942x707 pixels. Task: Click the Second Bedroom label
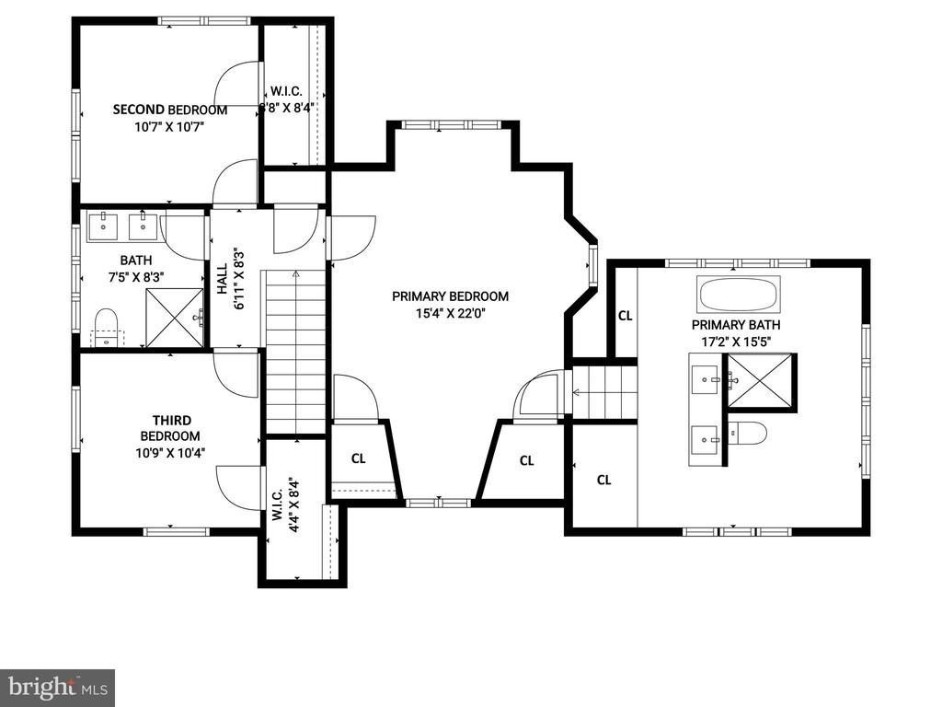coord(170,110)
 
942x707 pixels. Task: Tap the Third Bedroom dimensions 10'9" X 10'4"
coord(170,452)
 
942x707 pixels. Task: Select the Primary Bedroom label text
coord(450,296)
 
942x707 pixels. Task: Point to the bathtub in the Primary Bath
coord(739,294)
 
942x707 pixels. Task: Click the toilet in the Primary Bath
coord(748,433)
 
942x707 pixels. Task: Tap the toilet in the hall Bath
coord(107,328)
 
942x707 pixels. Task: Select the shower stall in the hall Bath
coord(175,318)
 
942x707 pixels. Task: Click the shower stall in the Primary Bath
coord(761,382)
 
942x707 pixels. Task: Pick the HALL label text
coord(222,278)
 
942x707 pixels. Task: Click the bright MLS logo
coord(57,686)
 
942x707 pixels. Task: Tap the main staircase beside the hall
coord(295,352)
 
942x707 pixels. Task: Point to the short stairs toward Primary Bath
coord(603,392)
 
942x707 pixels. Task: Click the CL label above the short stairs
coord(626,316)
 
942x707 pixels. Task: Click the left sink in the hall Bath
coord(104,226)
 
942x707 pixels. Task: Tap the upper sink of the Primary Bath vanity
coord(706,380)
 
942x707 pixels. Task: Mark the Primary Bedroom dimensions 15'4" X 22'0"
coord(450,313)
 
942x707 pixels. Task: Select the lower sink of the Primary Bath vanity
coord(706,440)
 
